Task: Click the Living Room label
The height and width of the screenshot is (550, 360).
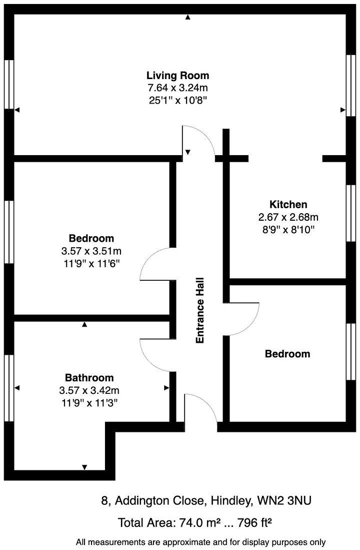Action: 177,76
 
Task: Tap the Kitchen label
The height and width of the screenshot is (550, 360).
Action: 288,204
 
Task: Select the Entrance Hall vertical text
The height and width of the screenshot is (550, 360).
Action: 200,310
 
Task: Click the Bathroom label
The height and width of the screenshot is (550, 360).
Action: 89,378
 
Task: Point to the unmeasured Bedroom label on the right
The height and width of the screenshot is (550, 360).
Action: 287,354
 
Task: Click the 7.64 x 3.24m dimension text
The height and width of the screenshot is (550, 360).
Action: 177,88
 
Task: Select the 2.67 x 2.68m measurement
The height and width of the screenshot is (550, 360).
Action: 288,217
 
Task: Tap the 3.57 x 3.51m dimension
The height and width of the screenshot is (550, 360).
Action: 91,250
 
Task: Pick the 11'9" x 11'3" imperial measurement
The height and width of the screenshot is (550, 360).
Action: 89,402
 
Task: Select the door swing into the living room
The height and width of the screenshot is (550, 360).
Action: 199,140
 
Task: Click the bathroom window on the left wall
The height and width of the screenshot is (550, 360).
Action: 8,388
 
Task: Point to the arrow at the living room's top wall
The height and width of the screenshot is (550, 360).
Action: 187,17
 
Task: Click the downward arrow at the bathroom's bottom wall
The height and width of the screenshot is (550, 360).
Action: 84,467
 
